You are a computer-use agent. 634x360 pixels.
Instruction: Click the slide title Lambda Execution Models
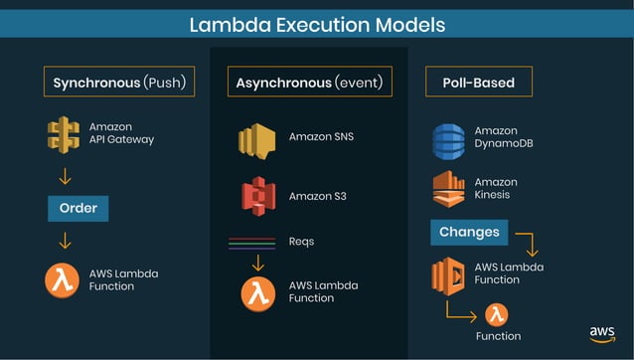[x=317, y=23]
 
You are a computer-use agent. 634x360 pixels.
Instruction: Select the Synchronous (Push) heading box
[x=118, y=82]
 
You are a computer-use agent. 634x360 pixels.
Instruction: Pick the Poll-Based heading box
[x=478, y=82]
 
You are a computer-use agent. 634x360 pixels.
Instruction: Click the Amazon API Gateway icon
[x=63, y=134]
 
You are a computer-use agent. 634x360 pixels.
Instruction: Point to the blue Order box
[x=78, y=209]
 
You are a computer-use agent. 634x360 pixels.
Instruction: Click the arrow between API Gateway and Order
[x=66, y=177]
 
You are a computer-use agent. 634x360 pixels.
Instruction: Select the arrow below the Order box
[x=66, y=240]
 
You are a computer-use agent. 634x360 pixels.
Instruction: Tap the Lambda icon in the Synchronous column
[x=62, y=279]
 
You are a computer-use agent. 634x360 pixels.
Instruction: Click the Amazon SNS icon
[x=256, y=140]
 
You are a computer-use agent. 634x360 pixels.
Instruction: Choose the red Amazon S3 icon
[x=256, y=195]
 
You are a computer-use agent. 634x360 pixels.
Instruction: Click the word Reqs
[x=301, y=241]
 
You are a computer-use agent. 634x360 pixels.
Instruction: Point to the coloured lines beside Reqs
[x=251, y=242]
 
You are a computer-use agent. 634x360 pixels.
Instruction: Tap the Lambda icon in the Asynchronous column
[x=257, y=292]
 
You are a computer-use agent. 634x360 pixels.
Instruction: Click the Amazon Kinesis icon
[x=448, y=189]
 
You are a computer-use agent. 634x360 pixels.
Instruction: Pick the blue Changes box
[x=469, y=233]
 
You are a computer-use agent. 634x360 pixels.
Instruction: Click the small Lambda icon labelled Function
[x=497, y=315]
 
